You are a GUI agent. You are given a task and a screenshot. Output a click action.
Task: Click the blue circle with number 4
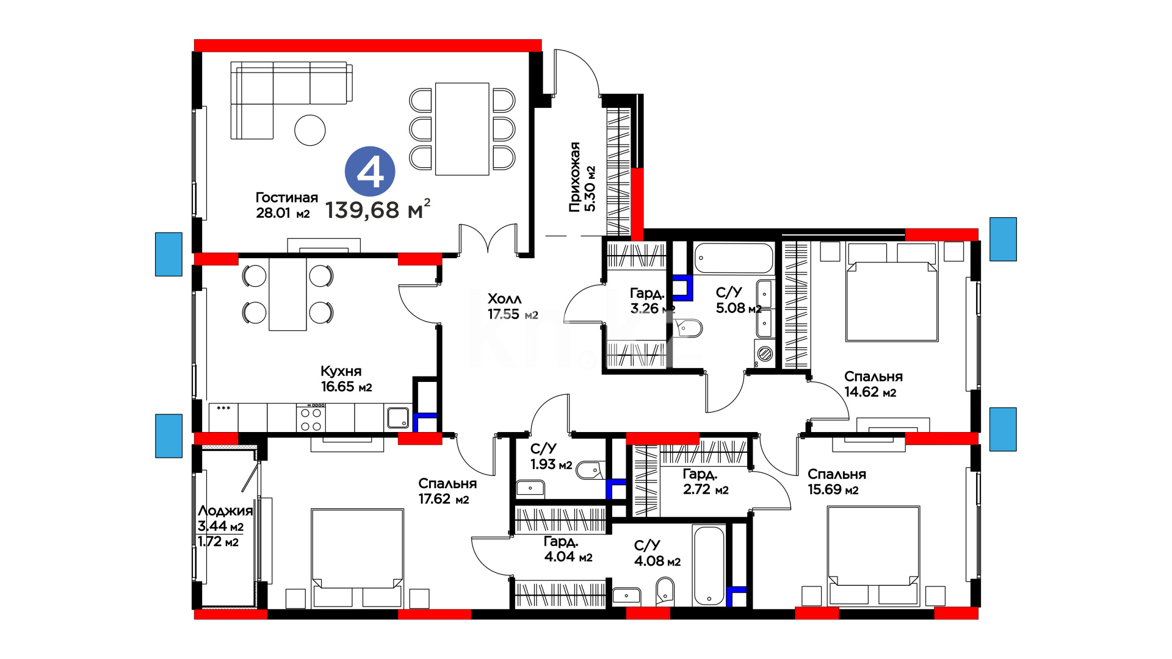(x=370, y=171)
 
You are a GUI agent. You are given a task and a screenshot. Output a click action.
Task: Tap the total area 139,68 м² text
(x=378, y=209)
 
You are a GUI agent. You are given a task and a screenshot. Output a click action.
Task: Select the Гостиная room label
(x=286, y=198)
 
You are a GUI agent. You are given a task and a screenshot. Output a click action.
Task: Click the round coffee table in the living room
(x=310, y=130)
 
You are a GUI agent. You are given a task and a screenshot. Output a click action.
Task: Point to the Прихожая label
(x=574, y=177)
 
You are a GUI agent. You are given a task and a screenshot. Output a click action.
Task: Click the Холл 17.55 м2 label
(x=513, y=306)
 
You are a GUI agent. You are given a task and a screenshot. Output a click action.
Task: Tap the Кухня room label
(x=341, y=371)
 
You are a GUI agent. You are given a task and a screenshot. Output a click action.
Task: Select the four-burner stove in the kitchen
(x=311, y=418)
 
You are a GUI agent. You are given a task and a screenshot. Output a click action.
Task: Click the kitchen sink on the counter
(x=398, y=418)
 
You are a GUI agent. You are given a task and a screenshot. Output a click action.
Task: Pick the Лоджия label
(x=225, y=511)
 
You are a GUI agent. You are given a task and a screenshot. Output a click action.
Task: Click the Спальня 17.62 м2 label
(x=447, y=491)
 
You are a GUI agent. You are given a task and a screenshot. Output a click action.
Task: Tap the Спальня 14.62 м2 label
(x=874, y=384)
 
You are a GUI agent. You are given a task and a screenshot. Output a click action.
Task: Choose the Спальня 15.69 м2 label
(x=837, y=481)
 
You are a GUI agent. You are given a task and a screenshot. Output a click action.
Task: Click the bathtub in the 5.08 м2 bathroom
(x=734, y=258)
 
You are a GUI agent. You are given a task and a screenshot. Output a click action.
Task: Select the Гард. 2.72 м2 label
(x=706, y=481)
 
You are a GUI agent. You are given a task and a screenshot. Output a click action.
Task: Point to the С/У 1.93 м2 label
(x=551, y=456)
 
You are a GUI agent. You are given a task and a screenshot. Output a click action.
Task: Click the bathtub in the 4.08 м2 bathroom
(x=709, y=565)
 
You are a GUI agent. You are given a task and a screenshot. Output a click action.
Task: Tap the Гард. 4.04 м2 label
(x=568, y=549)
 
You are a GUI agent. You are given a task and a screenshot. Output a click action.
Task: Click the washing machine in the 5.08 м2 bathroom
(x=765, y=353)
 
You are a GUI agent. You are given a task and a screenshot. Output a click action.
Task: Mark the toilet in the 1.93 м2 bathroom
(x=589, y=470)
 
